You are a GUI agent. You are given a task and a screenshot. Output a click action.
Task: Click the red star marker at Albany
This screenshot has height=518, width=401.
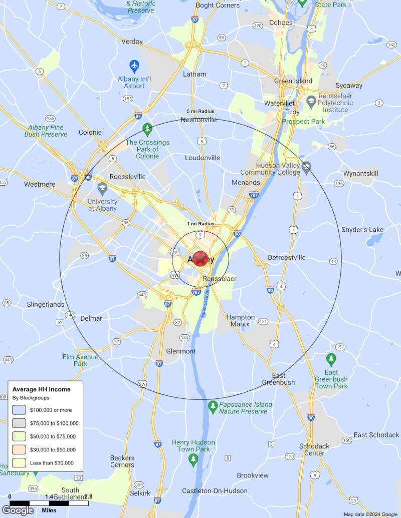[200, 258]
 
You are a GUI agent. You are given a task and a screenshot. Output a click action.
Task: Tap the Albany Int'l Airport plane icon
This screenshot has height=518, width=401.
[134, 66]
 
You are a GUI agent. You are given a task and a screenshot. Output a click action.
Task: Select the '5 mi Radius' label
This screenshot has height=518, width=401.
[200, 111]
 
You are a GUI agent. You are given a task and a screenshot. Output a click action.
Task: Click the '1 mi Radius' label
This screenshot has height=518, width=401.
[200, 223]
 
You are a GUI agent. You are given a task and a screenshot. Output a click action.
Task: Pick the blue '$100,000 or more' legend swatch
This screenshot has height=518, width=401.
[19, 410]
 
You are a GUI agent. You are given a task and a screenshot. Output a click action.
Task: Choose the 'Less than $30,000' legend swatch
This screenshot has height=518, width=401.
[19, 462]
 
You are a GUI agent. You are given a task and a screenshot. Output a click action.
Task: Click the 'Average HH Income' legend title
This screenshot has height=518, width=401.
[41, 389]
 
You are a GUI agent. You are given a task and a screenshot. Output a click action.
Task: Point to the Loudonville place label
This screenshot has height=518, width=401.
[203, 158]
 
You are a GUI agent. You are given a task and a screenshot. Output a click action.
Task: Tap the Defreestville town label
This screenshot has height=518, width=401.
[286, 258]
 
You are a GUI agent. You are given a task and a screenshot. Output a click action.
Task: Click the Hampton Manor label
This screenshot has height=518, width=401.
[241, 320]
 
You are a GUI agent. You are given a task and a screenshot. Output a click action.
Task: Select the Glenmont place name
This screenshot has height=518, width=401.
[180, 351]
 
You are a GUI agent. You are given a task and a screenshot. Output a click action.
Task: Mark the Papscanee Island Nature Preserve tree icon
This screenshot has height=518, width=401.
[213, 405]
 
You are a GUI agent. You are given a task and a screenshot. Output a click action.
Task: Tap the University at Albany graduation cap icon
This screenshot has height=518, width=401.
[103, 188]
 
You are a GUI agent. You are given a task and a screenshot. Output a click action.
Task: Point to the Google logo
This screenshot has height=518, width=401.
[18, 510]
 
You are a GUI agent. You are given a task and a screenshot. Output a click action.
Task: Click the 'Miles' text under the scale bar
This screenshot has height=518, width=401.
[49, 510]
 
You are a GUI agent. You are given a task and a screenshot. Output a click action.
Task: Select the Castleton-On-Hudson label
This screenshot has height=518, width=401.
[215, 491]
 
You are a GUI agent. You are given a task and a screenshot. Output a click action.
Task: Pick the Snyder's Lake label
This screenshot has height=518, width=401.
[362, 230]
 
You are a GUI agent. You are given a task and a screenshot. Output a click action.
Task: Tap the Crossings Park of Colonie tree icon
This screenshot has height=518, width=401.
[147, 129]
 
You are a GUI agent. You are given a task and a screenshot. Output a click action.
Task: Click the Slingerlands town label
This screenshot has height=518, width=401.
[46, 304]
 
